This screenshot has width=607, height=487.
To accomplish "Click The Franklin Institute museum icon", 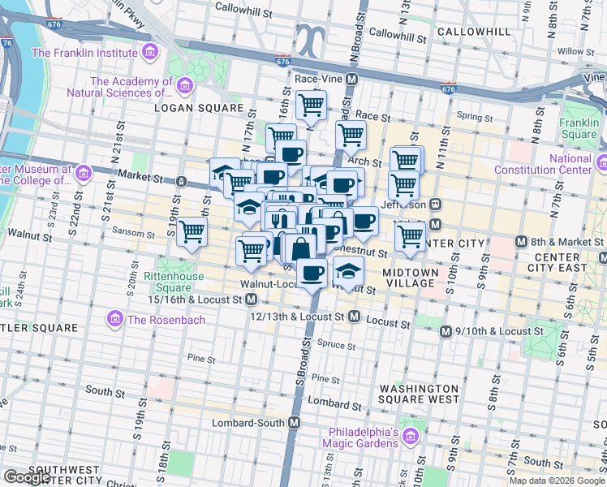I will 149,54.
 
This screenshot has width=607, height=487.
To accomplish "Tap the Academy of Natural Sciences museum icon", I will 186,85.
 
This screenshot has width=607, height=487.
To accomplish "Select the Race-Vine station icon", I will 352,80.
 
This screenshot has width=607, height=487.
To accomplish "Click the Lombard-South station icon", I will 294,423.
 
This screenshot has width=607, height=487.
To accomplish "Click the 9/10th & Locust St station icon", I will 445,331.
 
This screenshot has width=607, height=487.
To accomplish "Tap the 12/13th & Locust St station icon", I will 354,317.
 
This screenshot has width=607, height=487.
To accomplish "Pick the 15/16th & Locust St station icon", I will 252,300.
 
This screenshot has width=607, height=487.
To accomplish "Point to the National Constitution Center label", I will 582,165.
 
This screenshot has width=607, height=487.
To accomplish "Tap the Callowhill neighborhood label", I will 473,31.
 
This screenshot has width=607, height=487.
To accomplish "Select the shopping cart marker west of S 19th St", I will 192,233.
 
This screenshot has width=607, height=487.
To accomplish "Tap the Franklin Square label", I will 579,128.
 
